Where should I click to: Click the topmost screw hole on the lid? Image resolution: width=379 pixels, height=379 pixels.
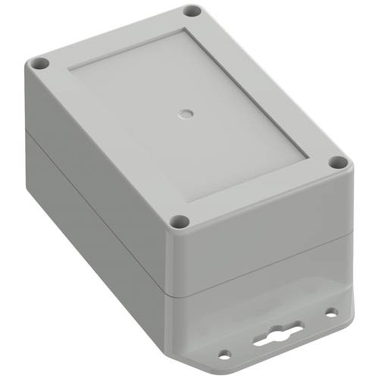point(193,12)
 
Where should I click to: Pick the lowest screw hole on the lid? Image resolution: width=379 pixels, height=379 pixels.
point(180,221)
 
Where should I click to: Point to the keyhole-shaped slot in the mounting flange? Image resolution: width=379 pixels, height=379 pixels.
point(278,334)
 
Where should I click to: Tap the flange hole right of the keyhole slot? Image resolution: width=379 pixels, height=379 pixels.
point(330,311)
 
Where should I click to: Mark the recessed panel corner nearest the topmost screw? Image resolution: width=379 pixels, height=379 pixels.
point(184,31)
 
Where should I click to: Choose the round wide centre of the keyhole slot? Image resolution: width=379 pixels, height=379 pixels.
point(277,334)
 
